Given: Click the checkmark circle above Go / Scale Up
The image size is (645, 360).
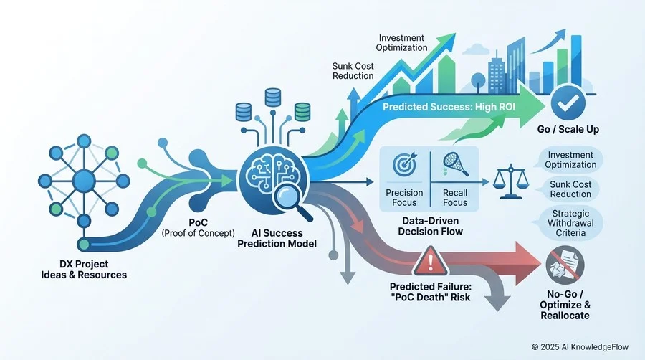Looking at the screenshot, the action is tap(568, 103).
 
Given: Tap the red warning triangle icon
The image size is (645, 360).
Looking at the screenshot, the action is tap(431, 261).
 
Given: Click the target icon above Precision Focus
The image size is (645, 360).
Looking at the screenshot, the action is tap(405, 164).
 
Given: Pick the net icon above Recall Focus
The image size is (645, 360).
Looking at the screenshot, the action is tap(456, 164).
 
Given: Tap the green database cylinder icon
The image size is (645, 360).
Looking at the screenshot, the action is tap(302, 112).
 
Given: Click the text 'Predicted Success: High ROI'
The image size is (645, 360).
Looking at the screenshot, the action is tap(449, 107).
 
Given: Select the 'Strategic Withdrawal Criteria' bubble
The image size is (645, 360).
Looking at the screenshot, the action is tap(570, 224).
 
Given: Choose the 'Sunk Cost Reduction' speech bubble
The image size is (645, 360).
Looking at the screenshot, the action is tap(570, 189).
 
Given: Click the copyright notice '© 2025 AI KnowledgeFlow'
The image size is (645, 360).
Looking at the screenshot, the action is tap(580, 347).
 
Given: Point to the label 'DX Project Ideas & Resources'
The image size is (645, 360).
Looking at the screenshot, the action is tap(84, 270).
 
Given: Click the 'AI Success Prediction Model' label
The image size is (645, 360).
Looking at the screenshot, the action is tap(277, 238).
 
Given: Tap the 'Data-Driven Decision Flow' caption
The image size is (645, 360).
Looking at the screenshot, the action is tap(430, 227).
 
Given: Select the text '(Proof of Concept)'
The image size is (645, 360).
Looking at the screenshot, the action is tap(199, 233).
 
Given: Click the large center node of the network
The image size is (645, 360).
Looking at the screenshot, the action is tap(84, 181).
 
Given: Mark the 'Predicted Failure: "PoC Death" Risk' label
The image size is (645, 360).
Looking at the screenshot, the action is tap(430, 292).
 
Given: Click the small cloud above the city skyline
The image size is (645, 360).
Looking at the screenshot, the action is tap(476, 49).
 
